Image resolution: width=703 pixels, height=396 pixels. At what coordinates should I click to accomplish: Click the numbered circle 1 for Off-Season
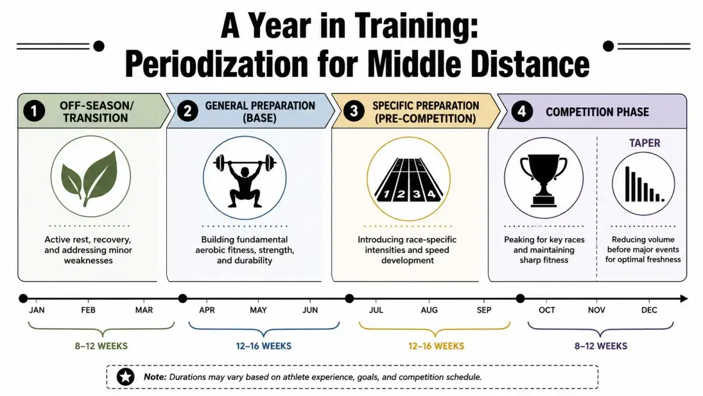pyautogui.click(x=34, y=111)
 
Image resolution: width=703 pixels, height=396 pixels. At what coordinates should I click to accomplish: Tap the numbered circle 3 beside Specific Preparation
pyautogui.click(x=354, y=111)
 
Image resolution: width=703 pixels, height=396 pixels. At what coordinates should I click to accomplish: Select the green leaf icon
pyautogui.click(x=90, y=178)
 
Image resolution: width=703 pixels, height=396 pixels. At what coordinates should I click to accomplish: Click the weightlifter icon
pyautogui.click(x=245, y=180)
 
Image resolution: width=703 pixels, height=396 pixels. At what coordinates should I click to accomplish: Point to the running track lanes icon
pyautogui.click(x=409, y=179)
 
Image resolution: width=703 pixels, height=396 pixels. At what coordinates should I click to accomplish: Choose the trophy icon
pyautogui.click(x=544, y=180)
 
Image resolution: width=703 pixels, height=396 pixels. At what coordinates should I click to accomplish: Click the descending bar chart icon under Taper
pyautogui.click(x=644, y=184)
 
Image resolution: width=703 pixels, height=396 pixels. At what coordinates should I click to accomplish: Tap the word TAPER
pyautogui.click(x=645, y=143)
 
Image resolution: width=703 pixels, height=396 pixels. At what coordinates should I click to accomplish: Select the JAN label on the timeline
pyautogui.click(x=37, y=310)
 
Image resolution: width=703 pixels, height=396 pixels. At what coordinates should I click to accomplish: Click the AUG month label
pyautogui.click(x=429, y=310)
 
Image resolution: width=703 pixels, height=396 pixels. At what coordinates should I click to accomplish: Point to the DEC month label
pyautogui.click(x=649, y=310)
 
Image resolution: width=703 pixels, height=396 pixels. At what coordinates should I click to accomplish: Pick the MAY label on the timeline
pyautogui.click(x=258, y=310)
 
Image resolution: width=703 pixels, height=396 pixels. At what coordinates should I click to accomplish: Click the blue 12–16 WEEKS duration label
pyautogui.click(x=264, y=346)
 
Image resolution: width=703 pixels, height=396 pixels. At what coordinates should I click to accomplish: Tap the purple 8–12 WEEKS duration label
pyautogui.click(x=601, y=346)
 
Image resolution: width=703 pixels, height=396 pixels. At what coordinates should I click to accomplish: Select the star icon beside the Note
pyautogui.click(x=126, y=377)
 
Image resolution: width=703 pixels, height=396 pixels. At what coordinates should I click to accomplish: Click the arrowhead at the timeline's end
pyautogui.click(x=684, y=299)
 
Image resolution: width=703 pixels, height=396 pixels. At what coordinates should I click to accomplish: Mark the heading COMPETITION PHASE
pyautogui.click(x=597, y=112)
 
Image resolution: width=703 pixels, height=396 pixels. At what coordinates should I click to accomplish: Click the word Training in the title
pyautogui.click(x=416, y=26)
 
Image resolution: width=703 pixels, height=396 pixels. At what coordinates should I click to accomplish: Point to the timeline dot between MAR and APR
pyautogui.click(x=182, y=298)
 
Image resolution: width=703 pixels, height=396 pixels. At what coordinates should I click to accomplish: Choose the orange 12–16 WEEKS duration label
pyautogui.click(x=436, y=346)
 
